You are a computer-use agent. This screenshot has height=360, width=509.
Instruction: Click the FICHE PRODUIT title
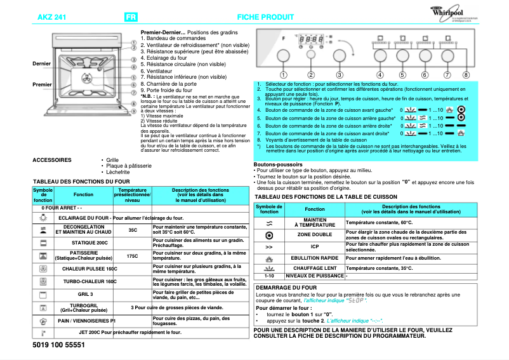266,17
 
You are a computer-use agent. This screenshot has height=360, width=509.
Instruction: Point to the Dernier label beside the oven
42,63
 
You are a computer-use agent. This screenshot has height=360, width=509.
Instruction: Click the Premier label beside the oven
42,84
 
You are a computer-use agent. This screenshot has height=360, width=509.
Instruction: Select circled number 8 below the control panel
466,74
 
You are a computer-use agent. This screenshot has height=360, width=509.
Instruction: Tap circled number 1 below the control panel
283,74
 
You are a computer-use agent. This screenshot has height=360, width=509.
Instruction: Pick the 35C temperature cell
133,230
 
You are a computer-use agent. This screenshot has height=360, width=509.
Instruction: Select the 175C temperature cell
133,256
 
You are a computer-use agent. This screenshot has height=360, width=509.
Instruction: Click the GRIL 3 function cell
86,295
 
